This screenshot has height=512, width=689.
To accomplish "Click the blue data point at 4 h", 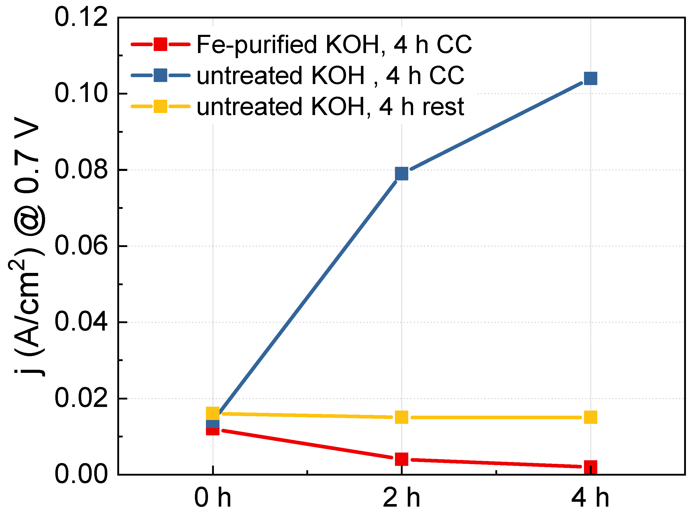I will pos(590,78).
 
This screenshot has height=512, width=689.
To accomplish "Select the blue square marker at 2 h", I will pos(402,173).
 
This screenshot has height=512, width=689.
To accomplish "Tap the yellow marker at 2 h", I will pos(402,417).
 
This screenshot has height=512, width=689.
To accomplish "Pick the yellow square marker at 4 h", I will pos(590,417).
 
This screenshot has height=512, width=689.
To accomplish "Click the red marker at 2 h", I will pos(402,459).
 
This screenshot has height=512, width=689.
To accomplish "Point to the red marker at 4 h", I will pos(590,467).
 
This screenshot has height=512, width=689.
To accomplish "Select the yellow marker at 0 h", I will pos(213,413).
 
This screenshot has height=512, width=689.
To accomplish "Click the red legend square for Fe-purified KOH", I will pos(161,44).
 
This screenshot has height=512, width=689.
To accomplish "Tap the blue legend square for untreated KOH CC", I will pos(161,75).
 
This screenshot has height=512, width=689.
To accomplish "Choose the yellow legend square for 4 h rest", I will pos(161,106).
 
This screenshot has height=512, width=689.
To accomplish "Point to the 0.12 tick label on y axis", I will pos(81,18).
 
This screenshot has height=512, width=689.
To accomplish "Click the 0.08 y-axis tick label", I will pos(81,170).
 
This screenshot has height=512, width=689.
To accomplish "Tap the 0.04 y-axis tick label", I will pos(81,322).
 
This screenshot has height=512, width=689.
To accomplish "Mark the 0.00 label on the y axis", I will pos(81,475).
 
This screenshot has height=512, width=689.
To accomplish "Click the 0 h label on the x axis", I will pos(213,498).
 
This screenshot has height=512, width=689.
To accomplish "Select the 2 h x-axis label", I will pos(402,498).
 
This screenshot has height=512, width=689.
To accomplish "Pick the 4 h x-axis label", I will pos(590,498).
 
